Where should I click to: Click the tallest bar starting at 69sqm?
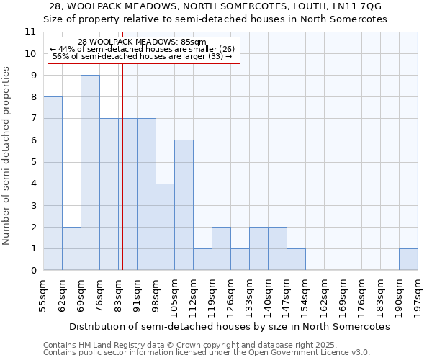click(90, 173)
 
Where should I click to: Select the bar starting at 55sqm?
click(53, 184)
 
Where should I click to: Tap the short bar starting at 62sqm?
click(71, 248)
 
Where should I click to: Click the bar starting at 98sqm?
click(165, 227)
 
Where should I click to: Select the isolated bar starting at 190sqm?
click(408, 259)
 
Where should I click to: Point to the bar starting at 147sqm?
click(296, 259)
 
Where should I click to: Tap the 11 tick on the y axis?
click(30, 32)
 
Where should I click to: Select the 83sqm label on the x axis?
click(119, 293)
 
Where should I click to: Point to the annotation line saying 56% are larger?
click(143, 56)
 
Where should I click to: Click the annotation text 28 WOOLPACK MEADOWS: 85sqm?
click(143, 42)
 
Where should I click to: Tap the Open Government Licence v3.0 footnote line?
click(207, 352)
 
